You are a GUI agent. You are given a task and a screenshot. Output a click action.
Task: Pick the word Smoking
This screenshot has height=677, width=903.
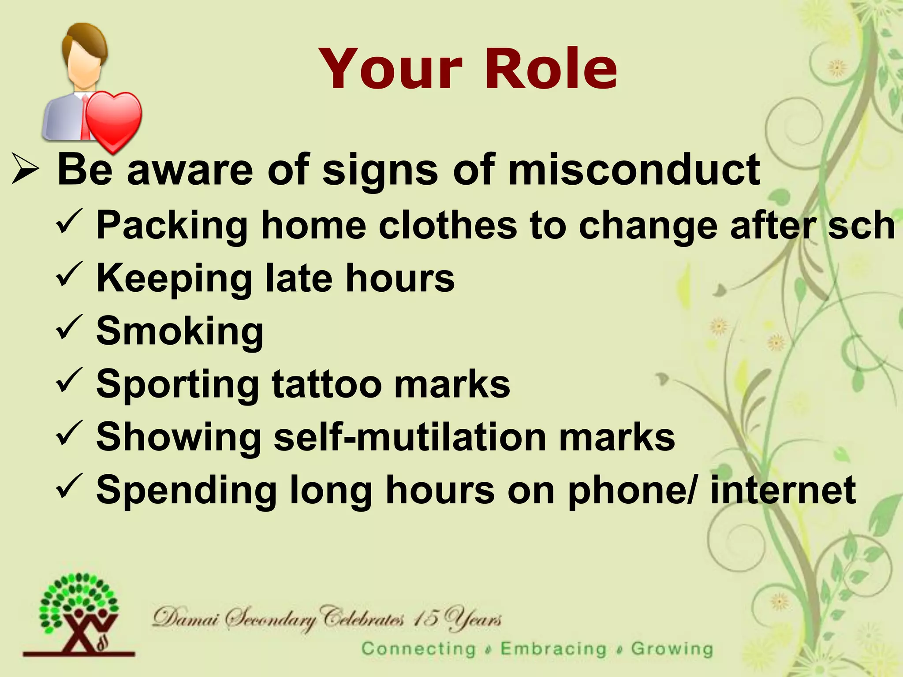[x=180, y=331]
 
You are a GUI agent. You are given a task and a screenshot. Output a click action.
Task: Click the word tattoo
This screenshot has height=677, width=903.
[x=326, y=384]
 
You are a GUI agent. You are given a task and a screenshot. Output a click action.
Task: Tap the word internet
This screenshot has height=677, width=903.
[x=783, y=490]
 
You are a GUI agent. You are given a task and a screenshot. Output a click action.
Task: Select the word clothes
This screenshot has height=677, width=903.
[x=447, y=225]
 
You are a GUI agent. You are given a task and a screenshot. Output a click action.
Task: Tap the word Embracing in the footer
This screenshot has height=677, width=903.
[x=554, y=649]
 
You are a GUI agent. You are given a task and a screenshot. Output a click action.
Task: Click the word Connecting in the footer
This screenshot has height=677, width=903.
[x=418, y=649]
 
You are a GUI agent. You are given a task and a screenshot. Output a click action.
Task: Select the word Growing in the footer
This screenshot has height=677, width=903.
[x=672, y=649]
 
